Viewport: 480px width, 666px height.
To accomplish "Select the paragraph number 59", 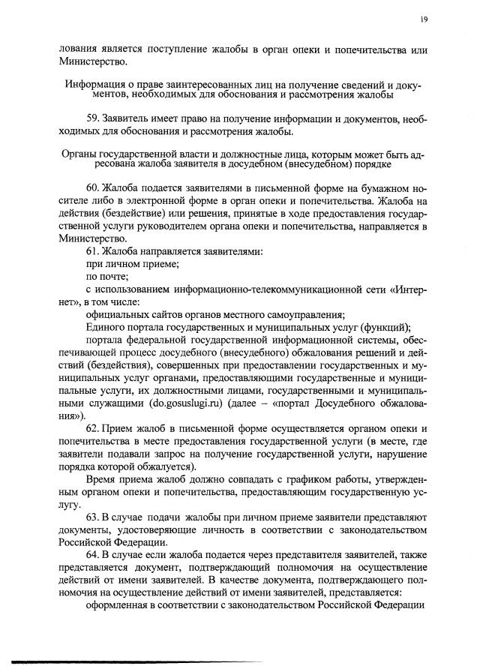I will tap(94, 119).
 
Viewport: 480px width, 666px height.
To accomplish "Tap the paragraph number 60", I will tap(94, 187).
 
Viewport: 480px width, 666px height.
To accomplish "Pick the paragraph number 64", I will tap(94, 561).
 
